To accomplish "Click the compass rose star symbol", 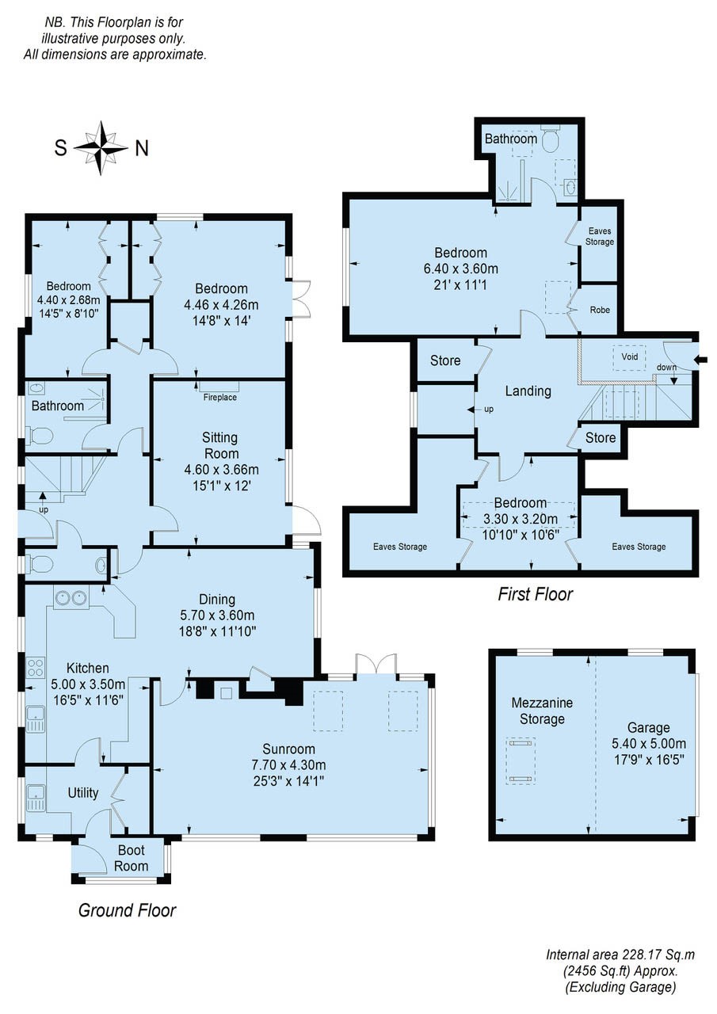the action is [x=101, y=148].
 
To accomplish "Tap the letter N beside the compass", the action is [x=142, y=148].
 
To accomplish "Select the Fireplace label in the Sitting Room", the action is [x=220, y=398].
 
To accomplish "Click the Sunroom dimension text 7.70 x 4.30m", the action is [x=289, y=764].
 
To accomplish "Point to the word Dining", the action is [x=217, y=600].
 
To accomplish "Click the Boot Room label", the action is [x=132, y=858].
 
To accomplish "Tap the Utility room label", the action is [x=83, y=793].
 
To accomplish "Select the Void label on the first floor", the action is [x=629, y=356].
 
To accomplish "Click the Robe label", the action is [x=600, y=310].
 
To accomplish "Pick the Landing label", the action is [x=528, y=391].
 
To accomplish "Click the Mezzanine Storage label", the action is [x=542, y=711].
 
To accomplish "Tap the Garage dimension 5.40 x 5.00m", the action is [x=649, y=743].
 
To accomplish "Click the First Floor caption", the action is [x=536, y=594].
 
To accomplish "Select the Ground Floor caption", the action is [x=128, y=910].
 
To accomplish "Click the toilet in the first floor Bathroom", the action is [x=551, y=140].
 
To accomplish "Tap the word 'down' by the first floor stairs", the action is [x=667, y=367].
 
